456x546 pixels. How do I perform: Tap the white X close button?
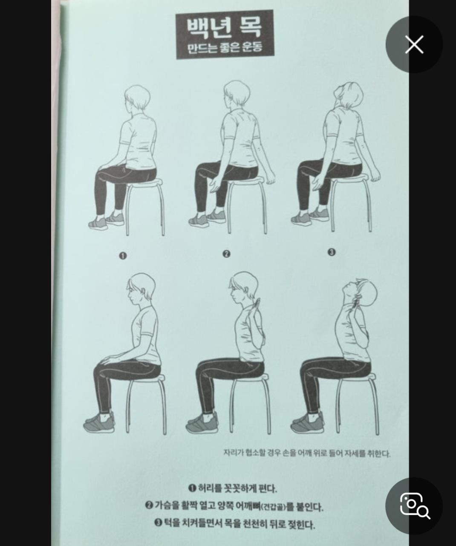point(414,44)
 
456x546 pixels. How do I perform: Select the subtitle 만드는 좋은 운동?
point(225,48)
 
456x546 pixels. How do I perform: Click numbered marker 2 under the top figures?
point(226,254)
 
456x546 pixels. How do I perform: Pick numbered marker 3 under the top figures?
point(331,252)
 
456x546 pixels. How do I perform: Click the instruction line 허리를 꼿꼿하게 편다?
point(232,488)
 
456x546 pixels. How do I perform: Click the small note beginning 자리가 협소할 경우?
point(307,453)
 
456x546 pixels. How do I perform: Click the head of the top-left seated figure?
point(137,98)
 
